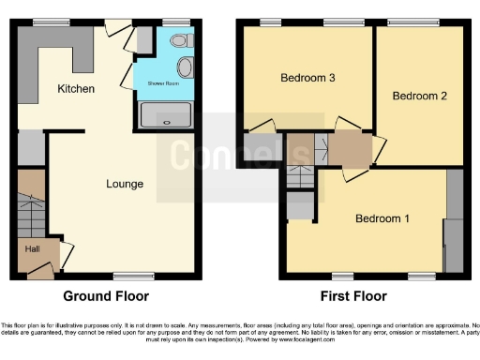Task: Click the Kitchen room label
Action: [x=76, y=89]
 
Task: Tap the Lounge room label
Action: [x=125, y=184]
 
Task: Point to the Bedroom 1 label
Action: [x=382, y=219]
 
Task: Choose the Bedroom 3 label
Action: [x=308, y=78]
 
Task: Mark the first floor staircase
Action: [x=299, y=176]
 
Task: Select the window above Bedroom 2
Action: [x=405, y=22]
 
